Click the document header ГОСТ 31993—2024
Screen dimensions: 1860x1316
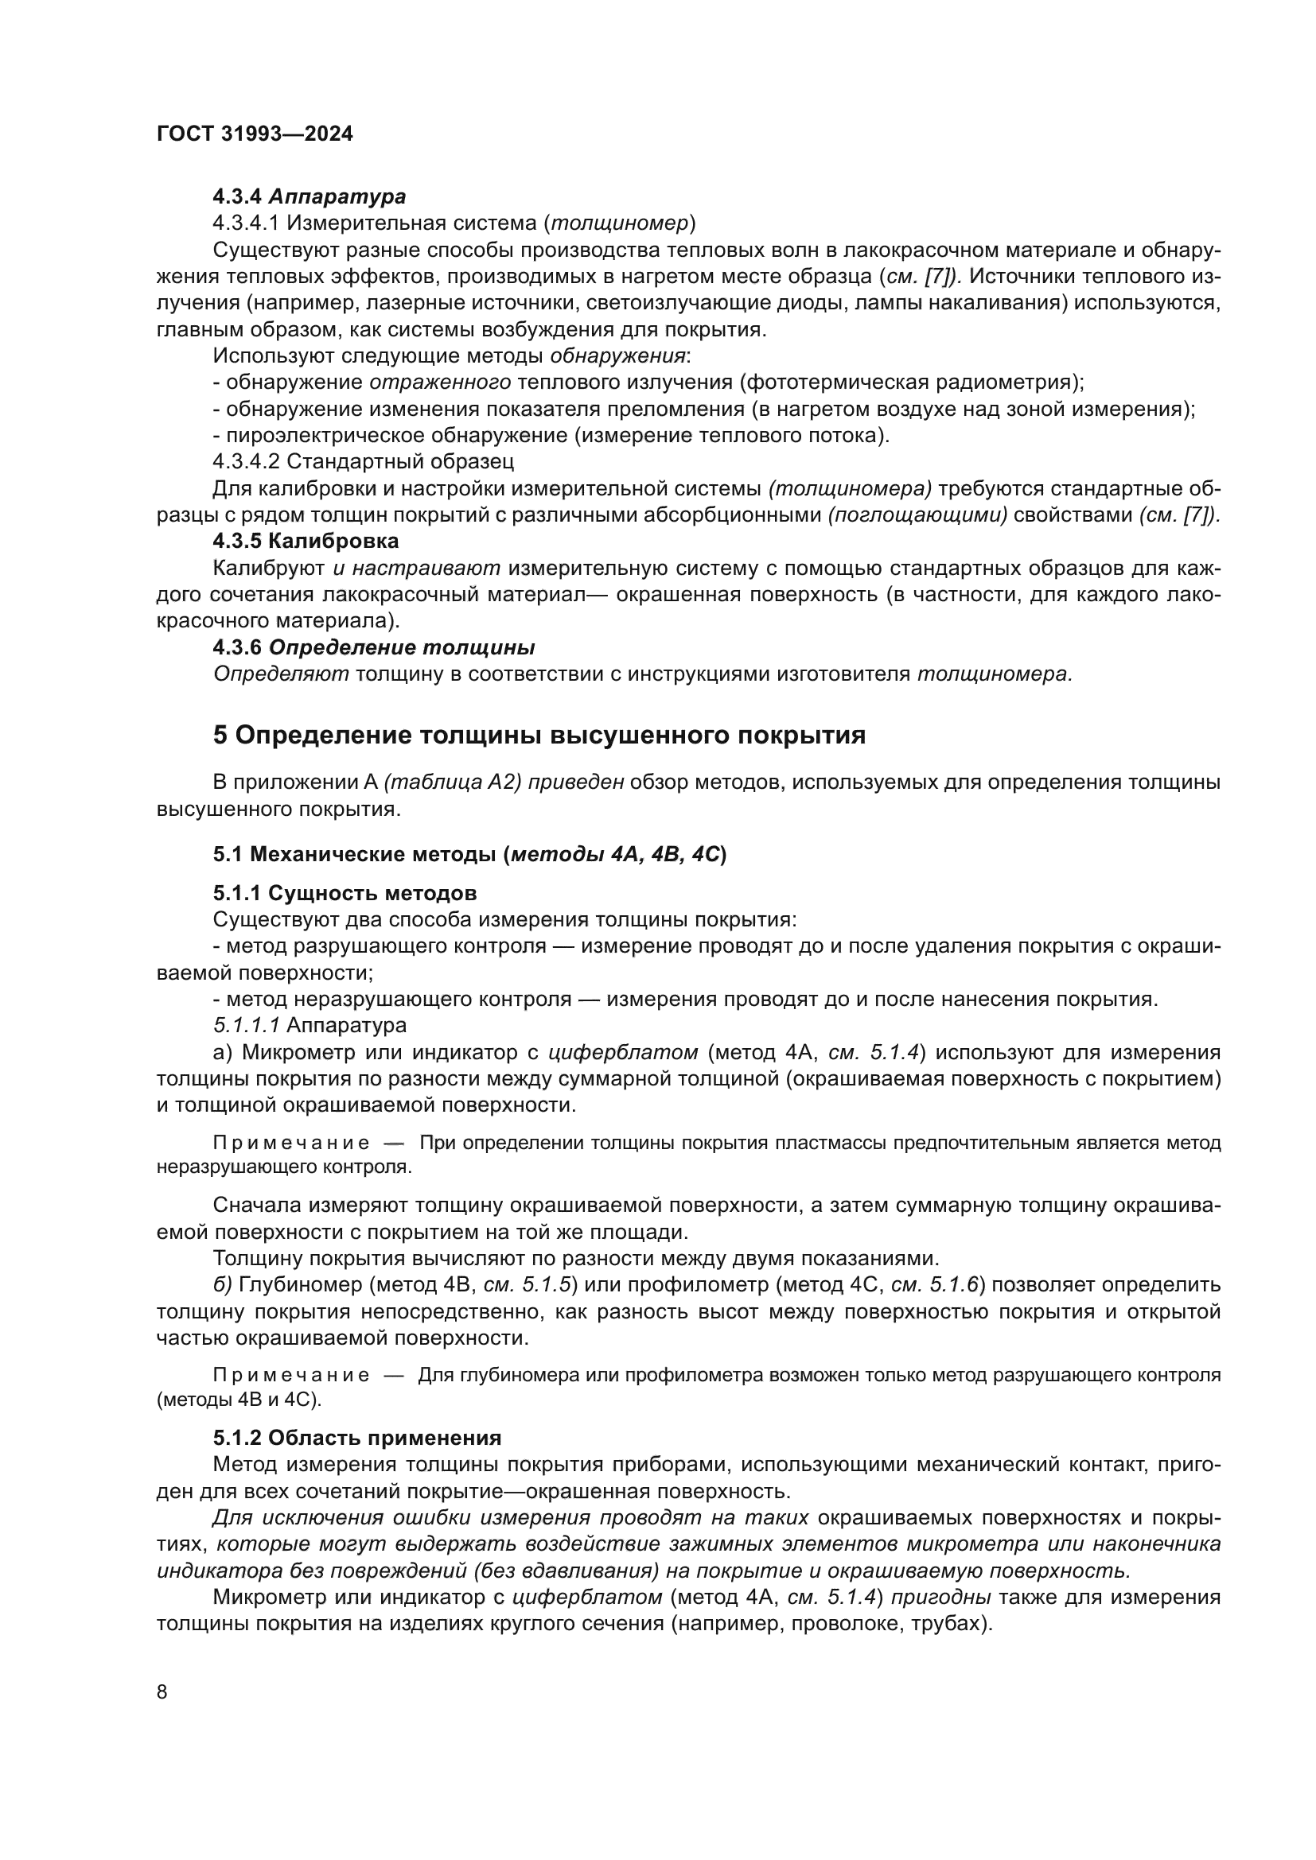(255, 134)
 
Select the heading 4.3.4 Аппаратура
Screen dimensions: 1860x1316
(309, 197)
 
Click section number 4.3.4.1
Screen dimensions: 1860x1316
(247, 223)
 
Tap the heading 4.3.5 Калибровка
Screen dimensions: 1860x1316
(306, 540)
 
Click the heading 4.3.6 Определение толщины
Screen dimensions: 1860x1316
(374, 648)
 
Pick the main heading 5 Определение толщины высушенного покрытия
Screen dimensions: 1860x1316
(539, 735)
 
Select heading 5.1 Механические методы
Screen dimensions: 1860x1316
(469, 854)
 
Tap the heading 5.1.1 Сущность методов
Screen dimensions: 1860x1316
(345, 894)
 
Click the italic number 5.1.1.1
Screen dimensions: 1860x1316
(247, 1026)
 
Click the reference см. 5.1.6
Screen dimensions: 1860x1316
(935, 1285)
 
